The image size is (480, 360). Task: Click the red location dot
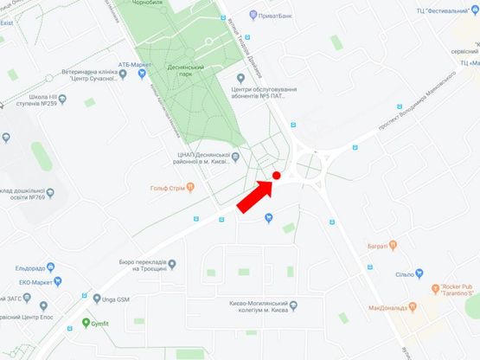point(277,176)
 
